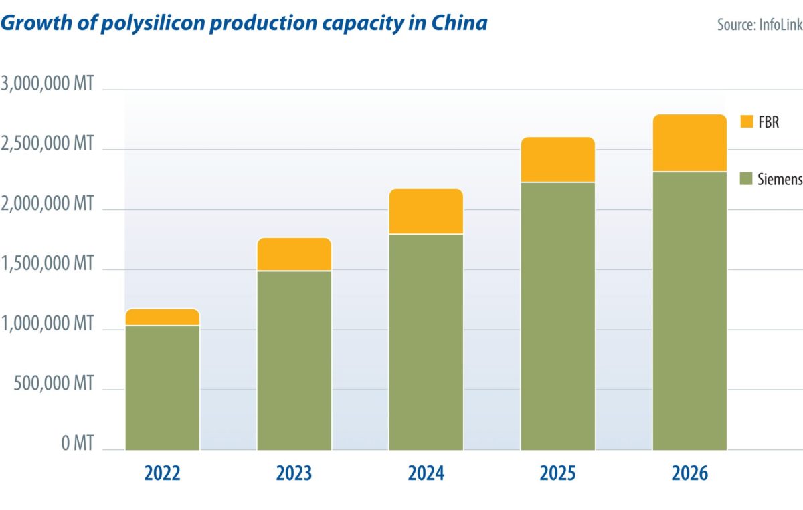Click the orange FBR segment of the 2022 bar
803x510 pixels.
[162, 317]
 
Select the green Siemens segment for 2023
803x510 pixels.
[294, 360]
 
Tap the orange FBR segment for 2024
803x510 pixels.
[426, 211]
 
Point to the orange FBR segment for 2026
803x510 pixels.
[689, 143]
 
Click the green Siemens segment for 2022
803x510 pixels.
[162, 388]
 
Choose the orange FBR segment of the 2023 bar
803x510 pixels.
[294, 254]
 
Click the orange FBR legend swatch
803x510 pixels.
[747, 121]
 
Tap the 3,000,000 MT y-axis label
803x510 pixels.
[48, 85]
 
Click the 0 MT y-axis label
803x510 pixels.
[77, 443]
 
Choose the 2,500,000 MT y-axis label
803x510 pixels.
[48, 144]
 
